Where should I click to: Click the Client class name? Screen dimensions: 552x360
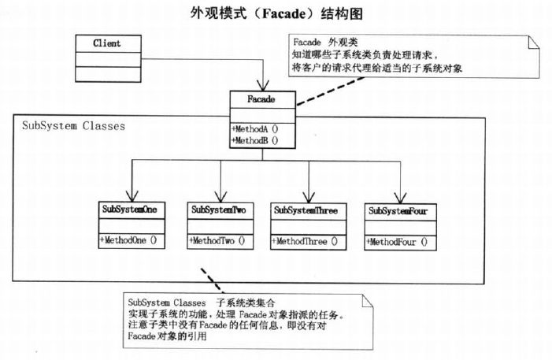pos(106,43)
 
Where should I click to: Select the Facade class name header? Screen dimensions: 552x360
pos(261,99)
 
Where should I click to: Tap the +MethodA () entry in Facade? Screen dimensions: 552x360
pos(255,129)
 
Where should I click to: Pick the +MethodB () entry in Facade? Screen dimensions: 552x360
pos(255,140)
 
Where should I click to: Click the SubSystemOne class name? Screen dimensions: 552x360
pos(129,210)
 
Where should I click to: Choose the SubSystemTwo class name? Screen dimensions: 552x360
pos(218,210)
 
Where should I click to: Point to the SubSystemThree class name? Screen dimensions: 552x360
pos(306,210)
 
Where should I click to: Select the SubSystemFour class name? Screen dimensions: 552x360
pos(398,211)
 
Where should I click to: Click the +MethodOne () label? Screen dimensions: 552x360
pos(128,240)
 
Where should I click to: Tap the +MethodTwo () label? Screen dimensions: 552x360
pos(217,241)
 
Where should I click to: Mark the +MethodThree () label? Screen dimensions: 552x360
pos(305,242)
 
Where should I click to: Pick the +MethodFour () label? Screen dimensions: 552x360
pos(397,243)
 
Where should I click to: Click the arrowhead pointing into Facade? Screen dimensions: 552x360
pos(263,86)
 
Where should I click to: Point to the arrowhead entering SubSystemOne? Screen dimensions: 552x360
pos(132,196)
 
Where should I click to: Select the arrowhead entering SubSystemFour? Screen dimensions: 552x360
pos(400,198)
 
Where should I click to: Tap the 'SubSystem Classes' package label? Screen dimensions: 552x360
pos(73,126)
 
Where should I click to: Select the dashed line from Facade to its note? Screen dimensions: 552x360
pos(331,91)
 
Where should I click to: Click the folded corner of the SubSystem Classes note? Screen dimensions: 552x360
pos(367,301)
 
